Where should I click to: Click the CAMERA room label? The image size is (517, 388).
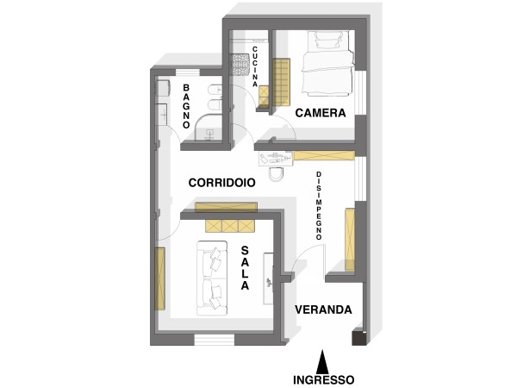(321, 113)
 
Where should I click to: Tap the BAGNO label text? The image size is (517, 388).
(186, 106)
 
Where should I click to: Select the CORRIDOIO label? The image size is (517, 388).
(222, 183)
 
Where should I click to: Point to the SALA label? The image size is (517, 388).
(245, 268)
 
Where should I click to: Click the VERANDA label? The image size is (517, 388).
(323, 310)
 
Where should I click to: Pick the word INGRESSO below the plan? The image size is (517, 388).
(324, 379)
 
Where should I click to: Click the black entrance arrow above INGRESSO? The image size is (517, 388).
(323, 361)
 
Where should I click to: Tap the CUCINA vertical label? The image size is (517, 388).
(255, 66)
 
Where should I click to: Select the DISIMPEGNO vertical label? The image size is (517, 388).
(319, 206)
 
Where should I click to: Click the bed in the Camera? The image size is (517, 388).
(328, 63)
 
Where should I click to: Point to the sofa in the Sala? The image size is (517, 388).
(212, 278)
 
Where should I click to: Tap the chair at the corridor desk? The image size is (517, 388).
(276, 174)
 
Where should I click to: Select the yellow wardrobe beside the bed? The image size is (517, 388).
(281, 82)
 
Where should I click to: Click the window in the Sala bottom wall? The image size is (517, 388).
(215, 340)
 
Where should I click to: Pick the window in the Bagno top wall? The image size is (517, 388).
(188, 72)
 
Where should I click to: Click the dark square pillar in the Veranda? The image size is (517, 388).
(359, 337)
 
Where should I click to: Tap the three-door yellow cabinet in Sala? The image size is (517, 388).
(230, 226)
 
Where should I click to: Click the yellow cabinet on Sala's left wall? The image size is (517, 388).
(159, 278)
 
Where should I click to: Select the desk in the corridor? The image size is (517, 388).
(276, 158)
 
